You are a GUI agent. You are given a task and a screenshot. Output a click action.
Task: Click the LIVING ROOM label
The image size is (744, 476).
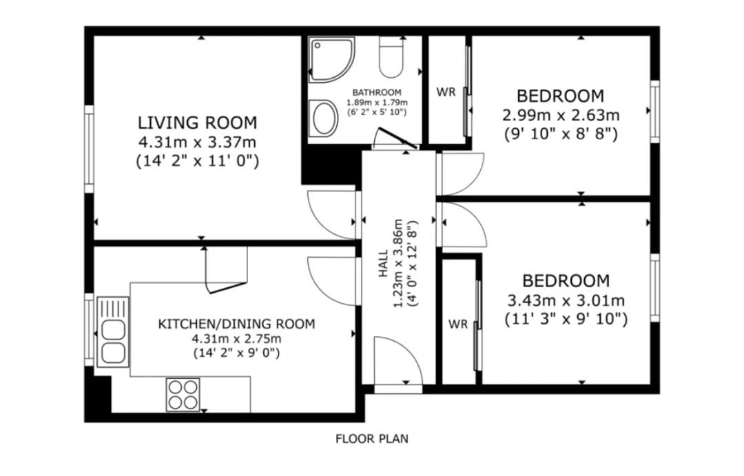click(198, 123)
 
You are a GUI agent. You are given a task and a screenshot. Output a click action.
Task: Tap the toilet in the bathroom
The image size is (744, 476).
click(391, 57)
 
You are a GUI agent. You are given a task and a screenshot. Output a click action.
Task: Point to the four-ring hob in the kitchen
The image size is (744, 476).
click(183, 395)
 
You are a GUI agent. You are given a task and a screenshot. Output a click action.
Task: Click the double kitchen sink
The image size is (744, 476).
click(113, 332)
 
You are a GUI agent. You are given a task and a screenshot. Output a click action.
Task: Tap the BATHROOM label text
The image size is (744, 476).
click(377, 92)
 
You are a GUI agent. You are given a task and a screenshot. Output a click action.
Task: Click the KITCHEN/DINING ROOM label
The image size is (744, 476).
click(236, 324)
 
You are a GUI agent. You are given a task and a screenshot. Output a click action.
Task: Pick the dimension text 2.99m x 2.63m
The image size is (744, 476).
click(561, 115)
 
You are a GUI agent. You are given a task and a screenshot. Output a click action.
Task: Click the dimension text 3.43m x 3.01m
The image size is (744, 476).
click(566, 300)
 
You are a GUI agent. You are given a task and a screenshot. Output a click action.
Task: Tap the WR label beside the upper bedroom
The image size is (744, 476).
click(446, 92)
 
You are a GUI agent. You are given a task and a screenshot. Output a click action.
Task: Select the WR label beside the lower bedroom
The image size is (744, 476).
click(458, 324)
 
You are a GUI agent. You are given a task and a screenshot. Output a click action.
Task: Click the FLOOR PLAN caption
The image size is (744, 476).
click(372, 439)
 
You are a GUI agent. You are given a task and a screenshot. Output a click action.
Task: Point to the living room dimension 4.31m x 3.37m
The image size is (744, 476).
click(198, 142)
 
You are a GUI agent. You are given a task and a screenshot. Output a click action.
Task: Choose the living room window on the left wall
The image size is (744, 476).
click(89, 149)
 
